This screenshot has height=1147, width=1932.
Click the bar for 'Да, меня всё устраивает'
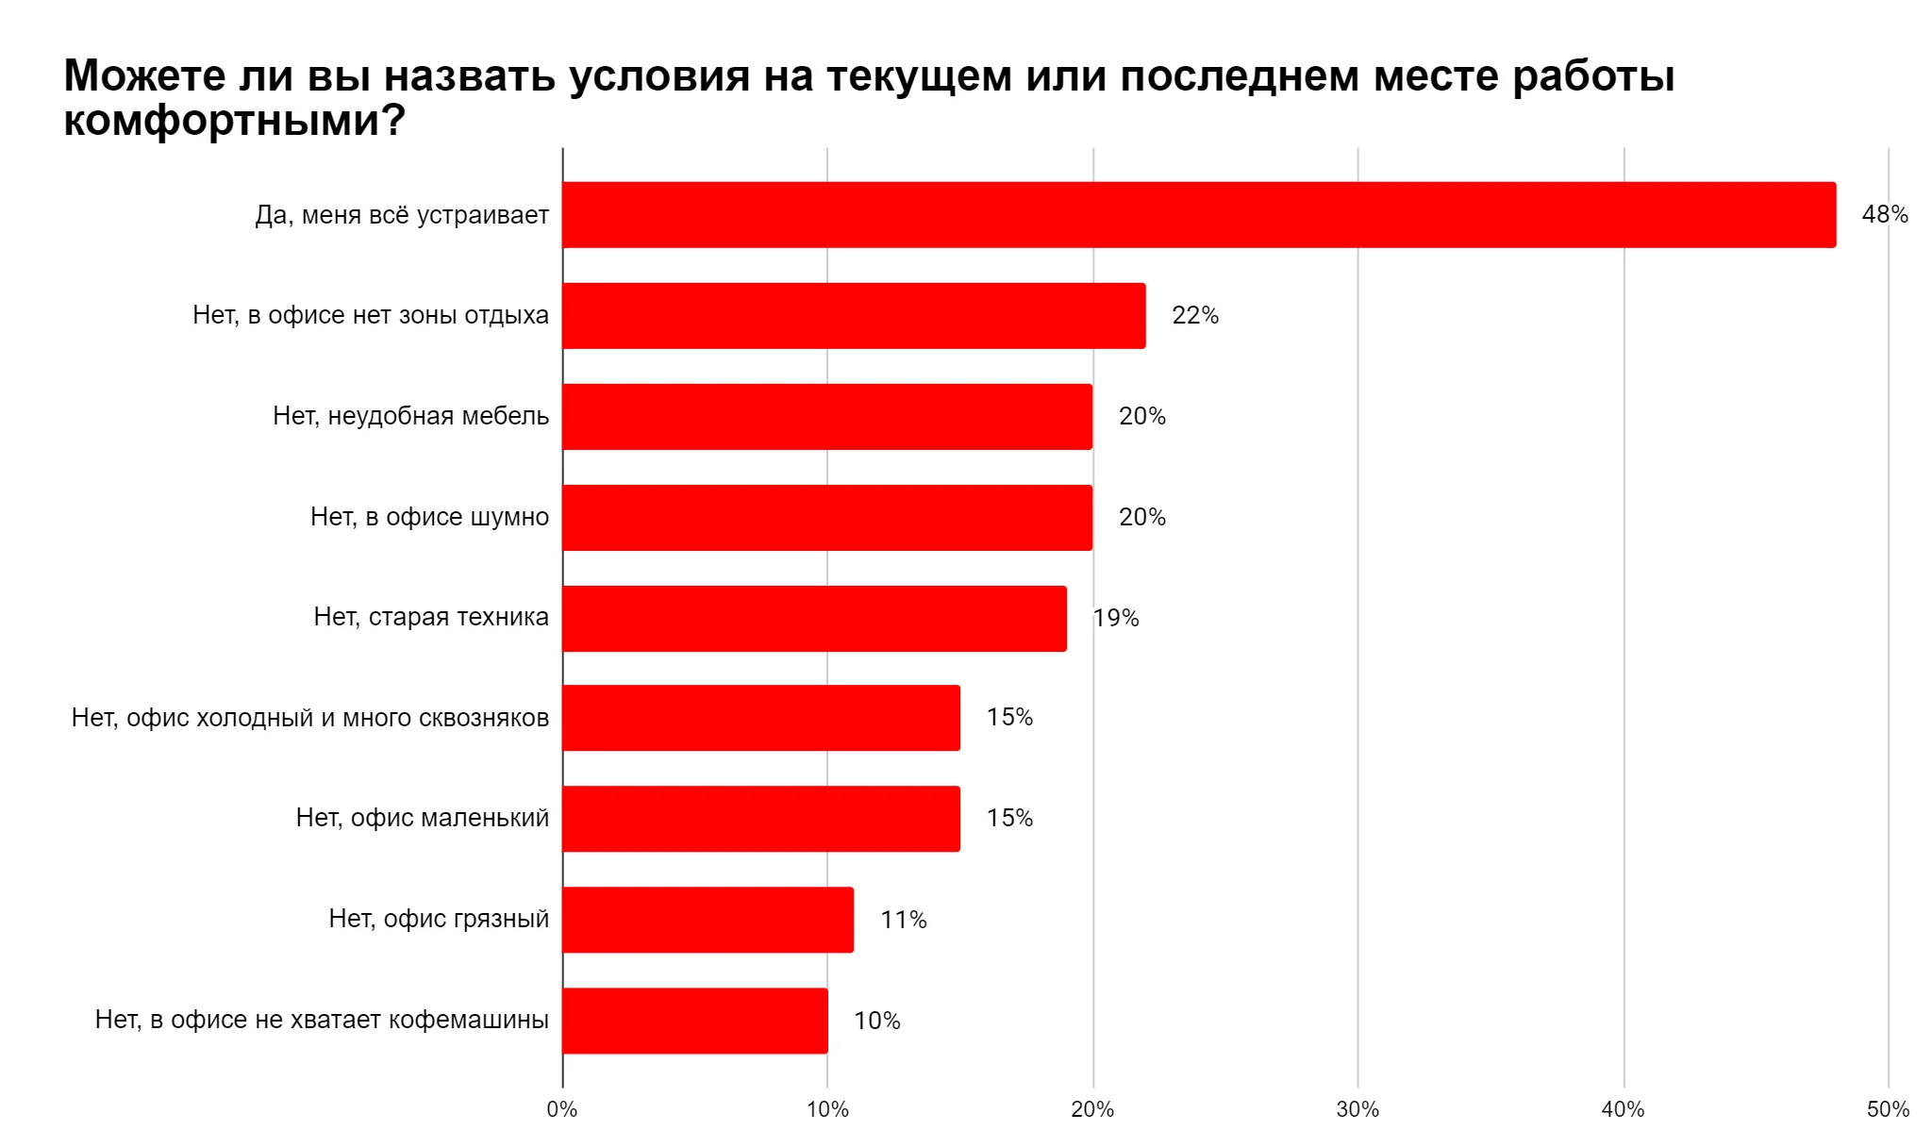[1198, 215]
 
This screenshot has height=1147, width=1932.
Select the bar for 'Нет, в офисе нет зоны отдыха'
[854, 316]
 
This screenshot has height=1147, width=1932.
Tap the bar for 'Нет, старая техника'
[814, 619]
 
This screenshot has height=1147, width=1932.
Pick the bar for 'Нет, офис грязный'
[708, 920]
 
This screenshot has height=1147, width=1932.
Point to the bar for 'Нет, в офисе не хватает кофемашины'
[695, 1021]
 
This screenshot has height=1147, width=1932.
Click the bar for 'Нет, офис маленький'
[761, 819]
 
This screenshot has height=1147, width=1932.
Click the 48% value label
[1884, 215]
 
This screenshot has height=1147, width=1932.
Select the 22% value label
[1194, 316]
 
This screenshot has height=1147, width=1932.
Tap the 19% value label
[1116, 619]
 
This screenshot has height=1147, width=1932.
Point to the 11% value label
[903, 920]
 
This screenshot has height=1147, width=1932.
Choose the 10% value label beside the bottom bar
[876, 1021]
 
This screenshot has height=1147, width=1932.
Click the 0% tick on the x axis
[562, 1110]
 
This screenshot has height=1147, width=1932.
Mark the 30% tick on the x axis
[1357, 1110]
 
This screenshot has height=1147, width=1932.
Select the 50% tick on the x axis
[1888, 1110]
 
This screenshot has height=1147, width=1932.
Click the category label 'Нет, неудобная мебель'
[410, 416]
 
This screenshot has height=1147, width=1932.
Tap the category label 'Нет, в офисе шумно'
[429, 517]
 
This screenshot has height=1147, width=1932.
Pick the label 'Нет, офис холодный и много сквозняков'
[310, 718]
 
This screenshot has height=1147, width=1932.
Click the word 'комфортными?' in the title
[234, 121]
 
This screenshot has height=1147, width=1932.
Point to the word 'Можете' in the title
[142, 75]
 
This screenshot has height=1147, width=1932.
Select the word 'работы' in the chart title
[1593, 75]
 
